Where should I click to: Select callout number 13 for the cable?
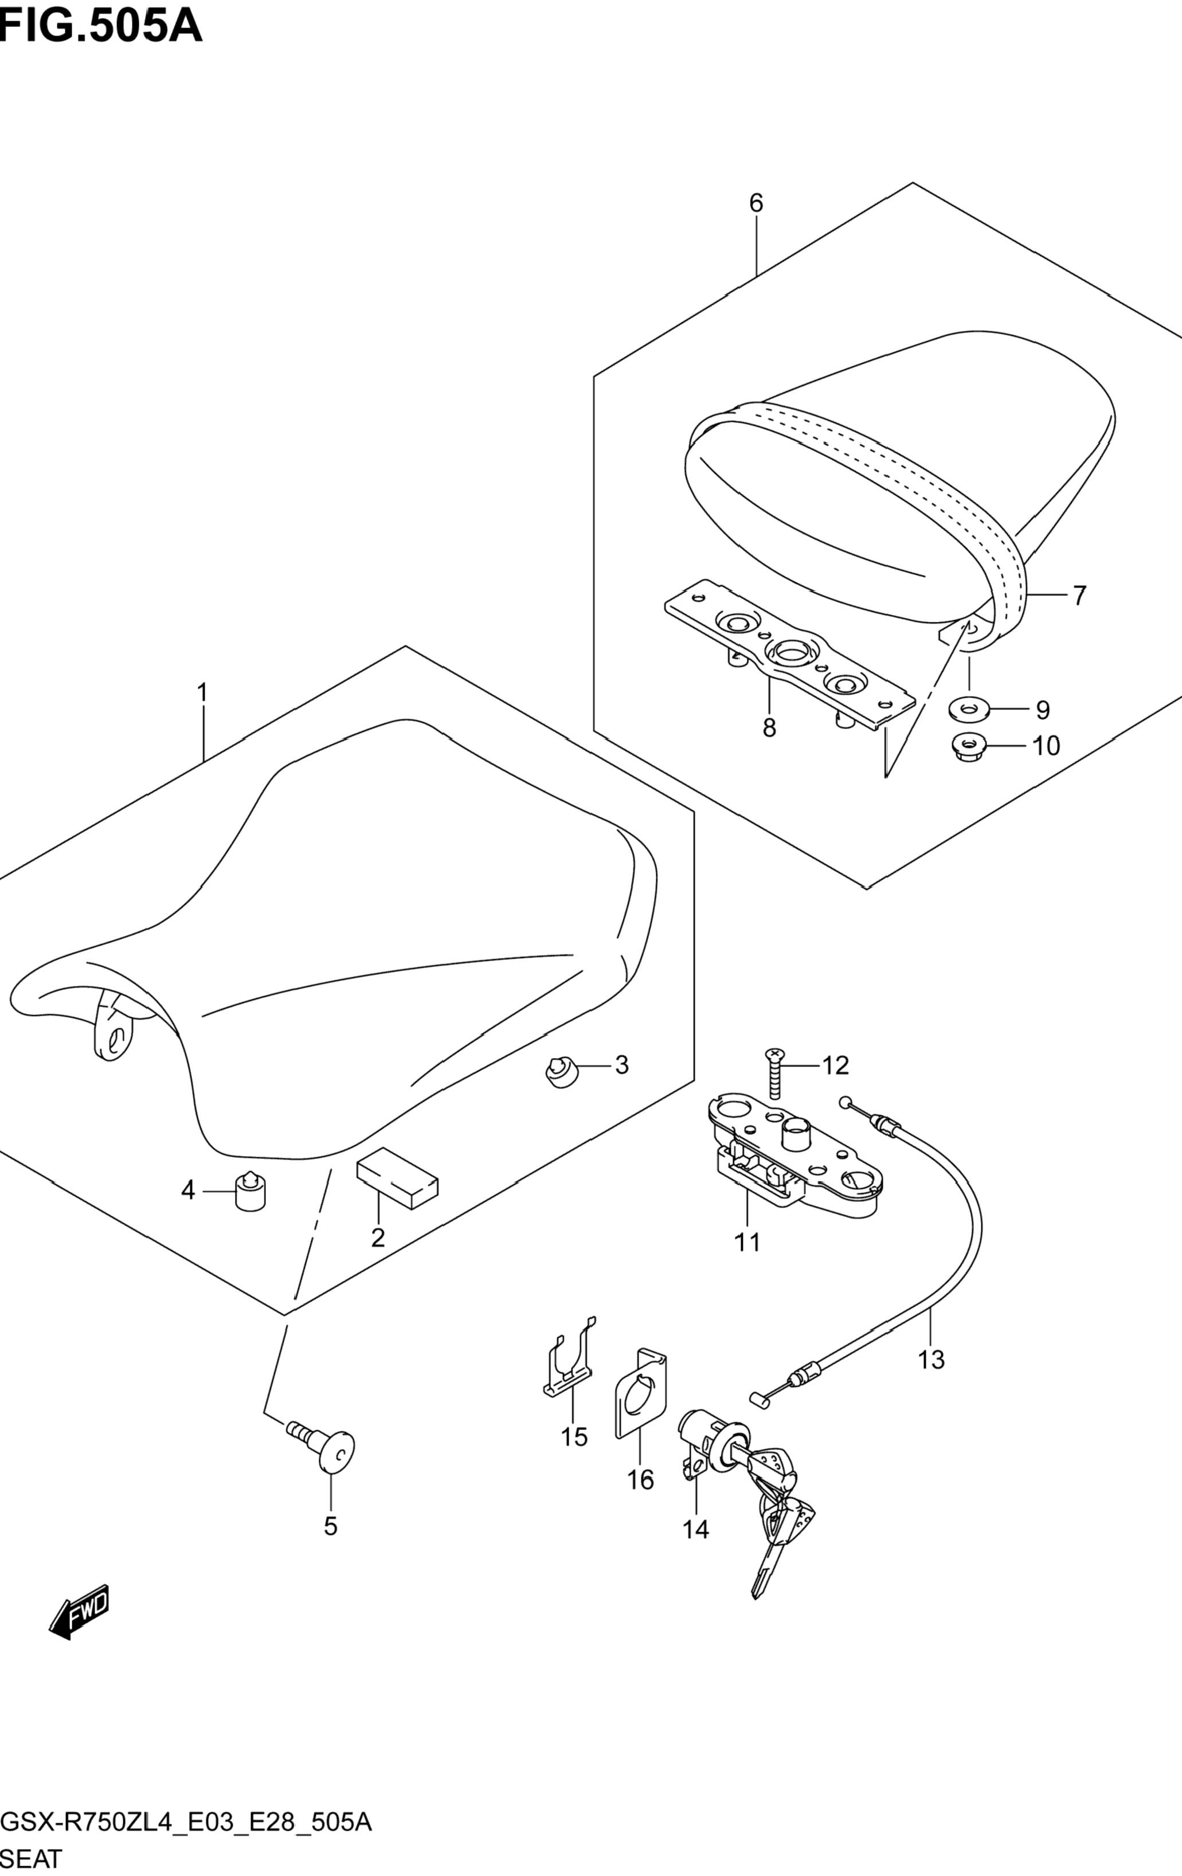tap(931, 1360)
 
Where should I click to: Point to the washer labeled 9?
tap(969, 709)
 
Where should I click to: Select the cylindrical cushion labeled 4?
tap(250, 1212)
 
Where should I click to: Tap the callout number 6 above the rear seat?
tap(756, 203)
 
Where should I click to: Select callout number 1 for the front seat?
tap(202, 692)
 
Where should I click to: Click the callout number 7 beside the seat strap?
tap(1079, 596)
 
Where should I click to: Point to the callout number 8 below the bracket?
tap(769, 728)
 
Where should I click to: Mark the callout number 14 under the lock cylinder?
tap(696, 1530)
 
